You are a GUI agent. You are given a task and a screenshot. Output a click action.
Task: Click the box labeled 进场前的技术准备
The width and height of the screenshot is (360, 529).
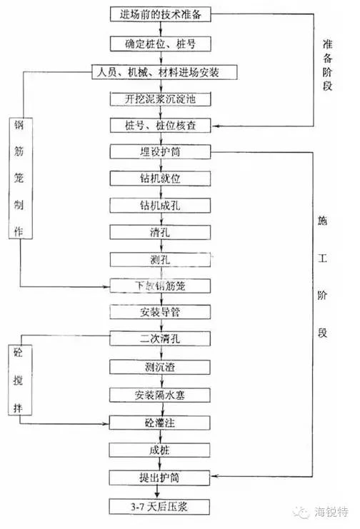pyautogui.click(x=161, y=14)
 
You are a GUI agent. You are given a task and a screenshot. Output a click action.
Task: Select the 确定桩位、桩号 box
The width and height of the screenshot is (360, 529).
pyautogui.click(x=161, y=44)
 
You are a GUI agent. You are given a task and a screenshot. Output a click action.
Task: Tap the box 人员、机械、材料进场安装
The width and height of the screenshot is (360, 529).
pyautogui.click(x=164, y=72)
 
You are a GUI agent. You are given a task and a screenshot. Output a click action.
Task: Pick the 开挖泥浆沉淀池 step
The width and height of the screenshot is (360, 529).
pyautogui.click(x=161, y=99)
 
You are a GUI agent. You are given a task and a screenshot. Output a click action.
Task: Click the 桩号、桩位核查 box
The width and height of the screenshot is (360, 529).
pyautogui.click(x=161, y=125)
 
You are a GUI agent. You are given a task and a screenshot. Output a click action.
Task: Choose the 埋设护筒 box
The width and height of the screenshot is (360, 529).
pyautogui.click(x=161, y=151)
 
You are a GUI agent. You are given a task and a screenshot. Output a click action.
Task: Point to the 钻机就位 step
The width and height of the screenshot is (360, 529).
pyautogui.click(x=161, y=178)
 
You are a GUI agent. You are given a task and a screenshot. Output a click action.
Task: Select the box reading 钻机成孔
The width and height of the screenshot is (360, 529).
pyautogui.click(x=161, y=205)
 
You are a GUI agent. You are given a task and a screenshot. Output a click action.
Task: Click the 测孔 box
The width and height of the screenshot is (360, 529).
pyautogui.click(x=161, y=259)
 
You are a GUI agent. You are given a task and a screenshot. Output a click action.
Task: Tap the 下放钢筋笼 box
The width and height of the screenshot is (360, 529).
pyautogui.click(x=161, y=286)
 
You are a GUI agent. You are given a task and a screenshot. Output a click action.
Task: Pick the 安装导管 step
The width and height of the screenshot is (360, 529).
pyautogui.click(x=161, y=312)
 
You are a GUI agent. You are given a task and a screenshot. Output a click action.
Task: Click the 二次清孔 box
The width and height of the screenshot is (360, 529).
pyautogui.click(x=160, y=338)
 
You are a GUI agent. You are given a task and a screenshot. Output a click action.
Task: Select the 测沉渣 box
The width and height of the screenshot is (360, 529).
pyautogui.click(x=160, y=367)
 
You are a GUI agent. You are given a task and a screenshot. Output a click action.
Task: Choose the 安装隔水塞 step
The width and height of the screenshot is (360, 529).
pyautogui.click(x=160, y=395)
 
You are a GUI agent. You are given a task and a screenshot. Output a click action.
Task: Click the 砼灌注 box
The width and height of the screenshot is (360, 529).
pyautogui.click(x=160, y=423)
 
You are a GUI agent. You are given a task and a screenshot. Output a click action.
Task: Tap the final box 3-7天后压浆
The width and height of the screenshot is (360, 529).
pyautogui.click(x=159, y=507)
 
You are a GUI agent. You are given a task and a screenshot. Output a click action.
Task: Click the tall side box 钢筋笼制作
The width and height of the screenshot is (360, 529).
pyautogui.click(x=21, y=178)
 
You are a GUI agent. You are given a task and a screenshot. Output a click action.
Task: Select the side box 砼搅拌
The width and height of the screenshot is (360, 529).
pyautogui.click(x=20, y=380)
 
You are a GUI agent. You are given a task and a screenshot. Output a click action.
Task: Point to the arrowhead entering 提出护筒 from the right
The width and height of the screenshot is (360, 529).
pyautogui.click(x=214, y=476)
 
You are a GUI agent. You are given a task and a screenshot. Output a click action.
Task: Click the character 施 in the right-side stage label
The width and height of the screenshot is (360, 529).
pyautogui.click(x=322, y=221)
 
